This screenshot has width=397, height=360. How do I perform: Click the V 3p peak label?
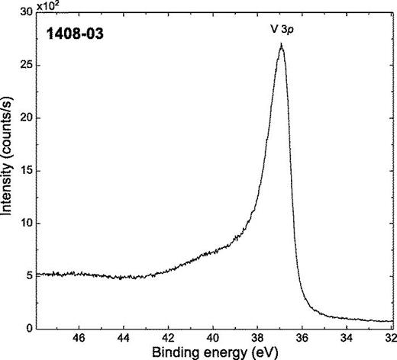coord(283,32)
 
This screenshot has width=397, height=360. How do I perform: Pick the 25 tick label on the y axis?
coord(25,66)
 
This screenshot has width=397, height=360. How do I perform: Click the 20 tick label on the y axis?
coord(25,118)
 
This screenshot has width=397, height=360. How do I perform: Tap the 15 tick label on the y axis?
coord(25,171)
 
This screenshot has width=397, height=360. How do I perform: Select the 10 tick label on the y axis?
coord(25,223)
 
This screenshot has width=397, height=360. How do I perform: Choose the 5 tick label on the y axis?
coord(28,276)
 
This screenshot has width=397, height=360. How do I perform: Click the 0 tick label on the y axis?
coord(28,329)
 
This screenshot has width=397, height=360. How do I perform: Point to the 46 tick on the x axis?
coord(79,339)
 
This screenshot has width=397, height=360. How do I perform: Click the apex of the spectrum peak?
coord(281,44)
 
